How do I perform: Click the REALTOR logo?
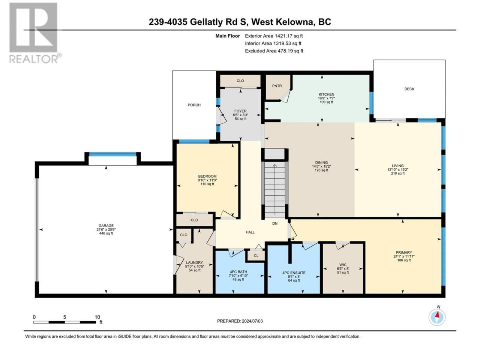34,33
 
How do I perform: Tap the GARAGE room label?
106,226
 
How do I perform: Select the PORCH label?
194,105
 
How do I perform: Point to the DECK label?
409,89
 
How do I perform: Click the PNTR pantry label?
277,86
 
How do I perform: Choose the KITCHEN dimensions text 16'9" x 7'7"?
326,98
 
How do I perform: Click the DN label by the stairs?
275,223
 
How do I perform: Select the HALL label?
250,232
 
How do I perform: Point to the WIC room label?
343,265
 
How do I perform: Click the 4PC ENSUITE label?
294,273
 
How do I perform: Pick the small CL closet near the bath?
256,255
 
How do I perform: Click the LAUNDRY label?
194,262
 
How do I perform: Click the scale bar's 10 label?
97,317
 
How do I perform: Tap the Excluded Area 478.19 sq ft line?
274,51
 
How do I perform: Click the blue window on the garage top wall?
112,154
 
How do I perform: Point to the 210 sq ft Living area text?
398,173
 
